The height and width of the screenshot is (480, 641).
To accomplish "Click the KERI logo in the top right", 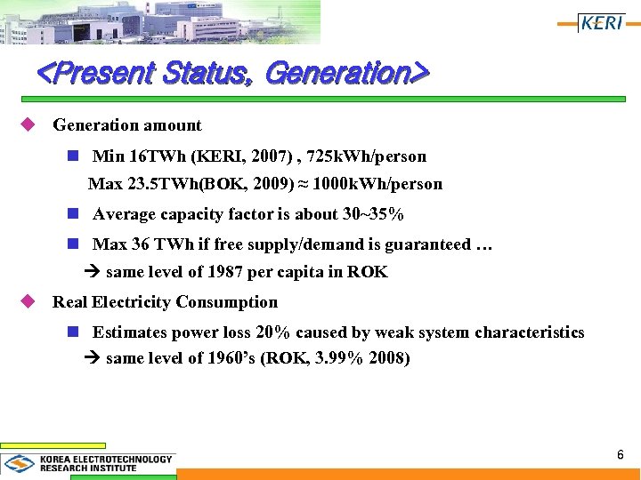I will tap(602, 23).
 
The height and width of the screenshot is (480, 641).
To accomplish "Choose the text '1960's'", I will tap(233, 359).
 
